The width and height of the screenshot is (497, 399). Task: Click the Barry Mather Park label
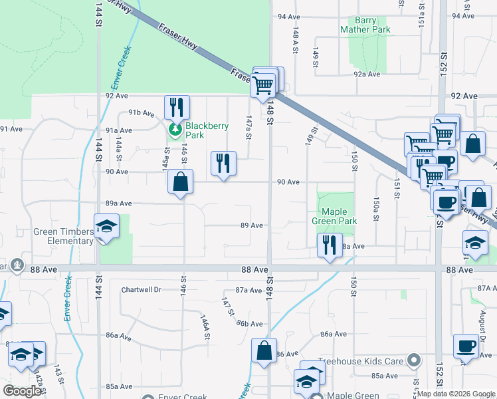point(365,25)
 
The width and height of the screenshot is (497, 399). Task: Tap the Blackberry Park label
point(207,130)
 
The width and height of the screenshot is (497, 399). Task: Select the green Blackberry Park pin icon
point(175,129)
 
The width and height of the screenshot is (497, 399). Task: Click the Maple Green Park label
point(335,217)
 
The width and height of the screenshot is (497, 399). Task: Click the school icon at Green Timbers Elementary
point(106,226)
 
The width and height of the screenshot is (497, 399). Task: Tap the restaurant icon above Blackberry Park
point(177,107)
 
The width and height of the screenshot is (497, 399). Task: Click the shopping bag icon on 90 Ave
point(181,182)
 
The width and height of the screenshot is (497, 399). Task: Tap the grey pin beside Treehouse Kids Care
point(415,361)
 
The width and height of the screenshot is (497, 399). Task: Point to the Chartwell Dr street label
point(142,290)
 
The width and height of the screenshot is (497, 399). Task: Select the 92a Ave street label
point(367,74)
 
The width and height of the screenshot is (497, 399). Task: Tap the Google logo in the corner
point(21,391)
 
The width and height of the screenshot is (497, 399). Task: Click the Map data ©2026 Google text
point(456,394)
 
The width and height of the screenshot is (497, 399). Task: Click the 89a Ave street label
point(119,203)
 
